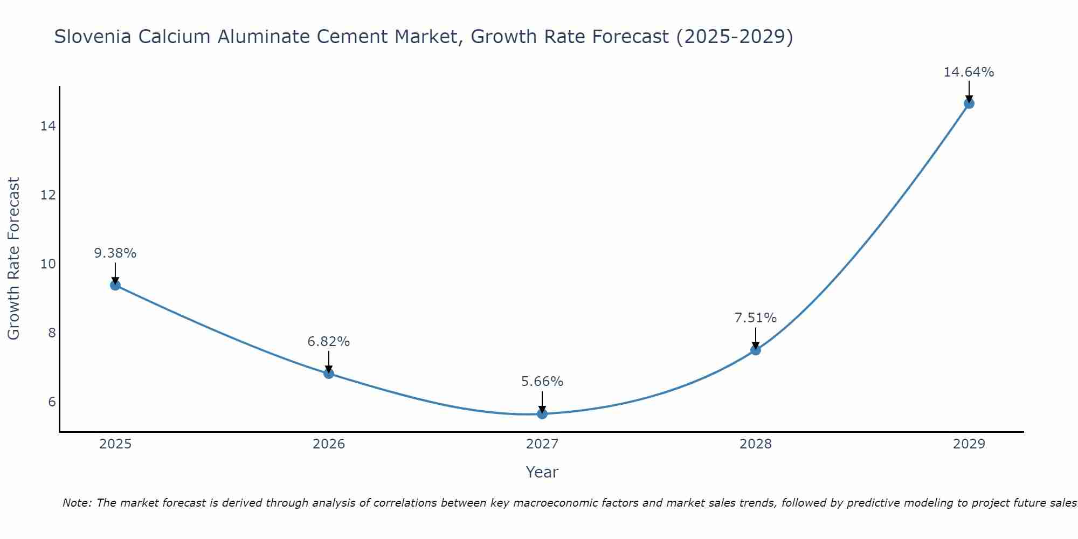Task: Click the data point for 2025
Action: pyautogui.click(x=115, y=285)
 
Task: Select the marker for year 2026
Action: pyautogui.click(x=329, y=374)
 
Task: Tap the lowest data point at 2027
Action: pyautogui.click(x=542, y=413)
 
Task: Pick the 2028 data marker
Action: pyautogui.click(x=756, y=350)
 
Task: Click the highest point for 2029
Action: pyautogui.click(x=969, y=103)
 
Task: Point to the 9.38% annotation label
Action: pyautogui.click(x=115, y=253)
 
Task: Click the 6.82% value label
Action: pyautogui.click(x=329, y=342)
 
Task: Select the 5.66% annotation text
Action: pyautogui.click(x=542, y=382)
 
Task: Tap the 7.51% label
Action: pyautogui.click(x=756, y=318)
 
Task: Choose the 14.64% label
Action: pyautogui.click(x=969, y=72)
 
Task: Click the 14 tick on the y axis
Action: pyautogui.click(x=48, y=126)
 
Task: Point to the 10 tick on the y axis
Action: pyautogui.click(x=48, y=264)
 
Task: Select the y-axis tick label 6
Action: pyautogui.click(x=52, y=402)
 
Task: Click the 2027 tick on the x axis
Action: pyautogui.click(x=542, y=444)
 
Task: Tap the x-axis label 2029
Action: pyautogui.click(x=969, y=444)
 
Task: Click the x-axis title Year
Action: pyautogui.click(x=542, y=472)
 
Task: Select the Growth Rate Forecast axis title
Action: pyautogui.click(x=14, y=259)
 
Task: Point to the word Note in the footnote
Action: pyautogui.click(x=77, y=503)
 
